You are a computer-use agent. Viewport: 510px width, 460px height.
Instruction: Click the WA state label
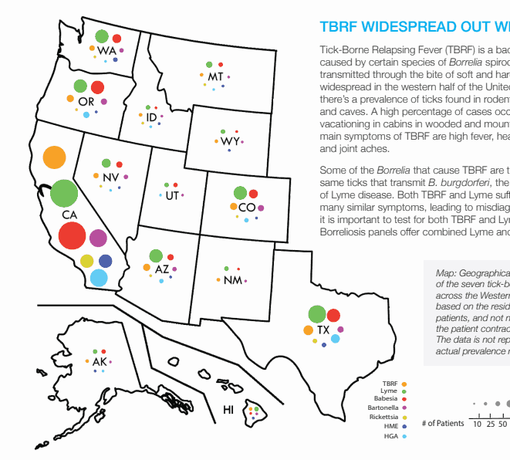(106, 50)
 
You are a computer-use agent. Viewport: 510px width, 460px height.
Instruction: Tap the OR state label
(86, 101)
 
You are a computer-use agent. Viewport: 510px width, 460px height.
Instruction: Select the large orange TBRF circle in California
(54, 157)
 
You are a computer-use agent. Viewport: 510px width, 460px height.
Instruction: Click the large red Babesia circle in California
(72, 235)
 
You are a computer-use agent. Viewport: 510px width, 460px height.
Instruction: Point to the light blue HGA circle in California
(99, 278)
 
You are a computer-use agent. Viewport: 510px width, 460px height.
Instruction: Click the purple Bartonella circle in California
(98, 238)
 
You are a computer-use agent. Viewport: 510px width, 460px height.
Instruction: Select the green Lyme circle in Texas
(316, 314)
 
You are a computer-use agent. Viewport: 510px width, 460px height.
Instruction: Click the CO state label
(247, 208)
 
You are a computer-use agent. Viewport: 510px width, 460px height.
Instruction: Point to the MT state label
(215, 77)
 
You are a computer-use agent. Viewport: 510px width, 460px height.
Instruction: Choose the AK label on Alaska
(100, 361)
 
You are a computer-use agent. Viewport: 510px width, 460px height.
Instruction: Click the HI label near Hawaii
(228, 410)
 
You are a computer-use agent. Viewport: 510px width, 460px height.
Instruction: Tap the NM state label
(233, 280)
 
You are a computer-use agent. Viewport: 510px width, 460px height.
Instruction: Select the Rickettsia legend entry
(383, 417)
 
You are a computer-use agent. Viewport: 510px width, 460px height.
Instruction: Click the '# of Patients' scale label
(443, 423)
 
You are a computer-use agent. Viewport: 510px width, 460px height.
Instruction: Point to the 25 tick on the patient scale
(490, 424)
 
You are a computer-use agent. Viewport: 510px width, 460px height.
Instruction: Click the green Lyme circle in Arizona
(156, 255)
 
